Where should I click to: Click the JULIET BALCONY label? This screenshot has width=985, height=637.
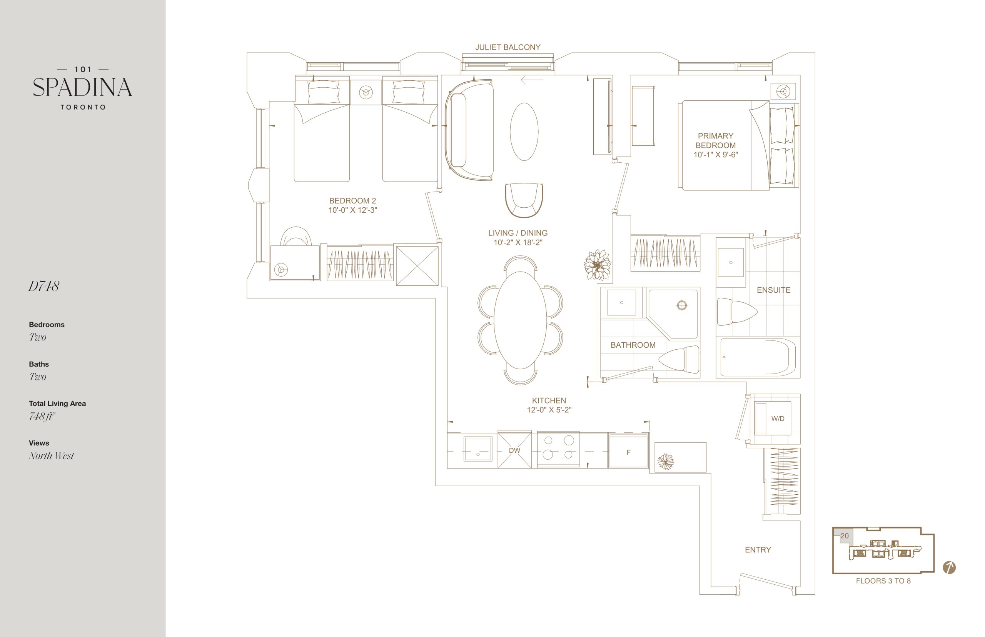pyautogui.click(x=508, y=48)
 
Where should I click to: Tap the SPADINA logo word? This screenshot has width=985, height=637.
pyautogui.click(x=82, y=87)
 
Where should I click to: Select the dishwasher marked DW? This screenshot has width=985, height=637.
pyautogui.click(x=514, y=450)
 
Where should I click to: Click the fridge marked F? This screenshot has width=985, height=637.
pyautogui.click(x=628, y=451)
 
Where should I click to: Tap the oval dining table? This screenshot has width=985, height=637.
pyautogui.click(x=520, y=320)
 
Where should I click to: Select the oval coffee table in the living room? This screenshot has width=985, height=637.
pyautogui.click(x=524, y=132)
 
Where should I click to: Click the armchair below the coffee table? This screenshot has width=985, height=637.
pyautogui.click(x=524, y=200)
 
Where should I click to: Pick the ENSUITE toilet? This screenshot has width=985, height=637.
pyautogui.click(x=736, y=312)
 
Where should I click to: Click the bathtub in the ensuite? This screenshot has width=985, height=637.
pyautogui.click(x=758, y=357)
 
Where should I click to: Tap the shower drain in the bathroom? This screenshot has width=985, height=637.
pyautogui.click(x=682, y=306)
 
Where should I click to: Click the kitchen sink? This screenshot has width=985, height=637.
pyautogui.click(x=478, y=449)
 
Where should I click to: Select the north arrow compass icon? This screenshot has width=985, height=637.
pyautogui.click(x=949, y=567)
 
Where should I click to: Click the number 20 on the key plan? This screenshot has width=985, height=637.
pyautogui.click(x=844, y=536)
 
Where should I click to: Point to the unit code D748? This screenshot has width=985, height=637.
pyautogui.click(x=44, y=286)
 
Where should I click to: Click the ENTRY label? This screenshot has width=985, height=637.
pyautogui.click(x=758, y=550)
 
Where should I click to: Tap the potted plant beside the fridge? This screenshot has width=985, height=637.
pyautogui.click(x=665, y=461)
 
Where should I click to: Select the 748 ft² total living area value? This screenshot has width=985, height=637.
pyautogui.click(x=42, y=416)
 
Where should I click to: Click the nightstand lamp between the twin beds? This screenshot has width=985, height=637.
pyautogui.click(x=366, y=92)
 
